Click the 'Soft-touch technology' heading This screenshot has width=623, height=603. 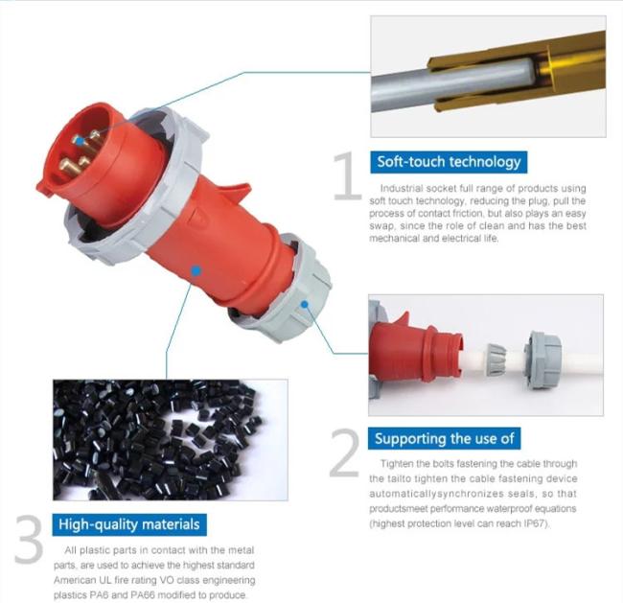[449, 162]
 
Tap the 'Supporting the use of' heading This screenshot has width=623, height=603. [444, 438]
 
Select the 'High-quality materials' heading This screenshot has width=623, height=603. [129, 524]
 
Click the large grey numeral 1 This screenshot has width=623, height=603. [346, 175]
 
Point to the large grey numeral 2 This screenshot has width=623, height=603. [344, 452]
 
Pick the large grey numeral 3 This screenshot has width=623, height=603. [29, 539]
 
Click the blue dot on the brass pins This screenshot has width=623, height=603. [81, 141]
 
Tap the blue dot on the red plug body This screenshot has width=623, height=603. [196, 271]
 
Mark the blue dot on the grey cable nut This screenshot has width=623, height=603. [305, 305]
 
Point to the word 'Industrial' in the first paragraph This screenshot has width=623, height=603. [400, 188]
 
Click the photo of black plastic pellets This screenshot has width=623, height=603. [171, 440]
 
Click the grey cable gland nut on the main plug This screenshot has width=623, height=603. [285, 289]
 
